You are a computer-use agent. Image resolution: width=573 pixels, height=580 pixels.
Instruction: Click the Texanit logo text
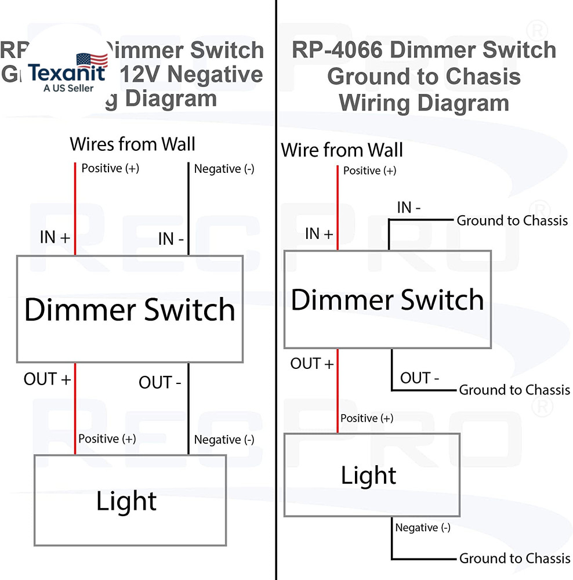click(x=67, y=74)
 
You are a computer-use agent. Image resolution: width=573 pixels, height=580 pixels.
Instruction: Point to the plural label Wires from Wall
click(x=132, y=144)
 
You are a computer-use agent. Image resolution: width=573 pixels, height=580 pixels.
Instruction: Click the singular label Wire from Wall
click(x=342, y=151)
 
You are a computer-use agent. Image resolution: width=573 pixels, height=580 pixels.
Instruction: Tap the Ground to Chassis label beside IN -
click(x=512, y=220)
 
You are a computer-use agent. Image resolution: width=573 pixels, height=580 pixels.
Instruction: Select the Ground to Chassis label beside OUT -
click(x=514, y=390)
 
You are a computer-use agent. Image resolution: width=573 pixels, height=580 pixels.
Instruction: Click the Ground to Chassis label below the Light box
click(x=514, y=559)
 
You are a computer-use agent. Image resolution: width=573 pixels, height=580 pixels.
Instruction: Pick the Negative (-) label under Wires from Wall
click(x=224, y=169)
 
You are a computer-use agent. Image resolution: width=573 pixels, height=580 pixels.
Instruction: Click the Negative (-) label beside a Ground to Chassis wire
click(x=422, y=528)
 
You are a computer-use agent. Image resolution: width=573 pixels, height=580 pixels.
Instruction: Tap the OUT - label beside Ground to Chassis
click(x=419, y=378)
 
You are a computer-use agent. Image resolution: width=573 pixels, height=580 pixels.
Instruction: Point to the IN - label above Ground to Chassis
click(x=409, y=207)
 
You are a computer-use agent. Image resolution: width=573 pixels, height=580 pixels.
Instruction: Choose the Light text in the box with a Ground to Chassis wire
click(x=368, y=476)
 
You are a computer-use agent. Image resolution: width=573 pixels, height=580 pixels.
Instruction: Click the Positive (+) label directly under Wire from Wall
click(x=369, y=171)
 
